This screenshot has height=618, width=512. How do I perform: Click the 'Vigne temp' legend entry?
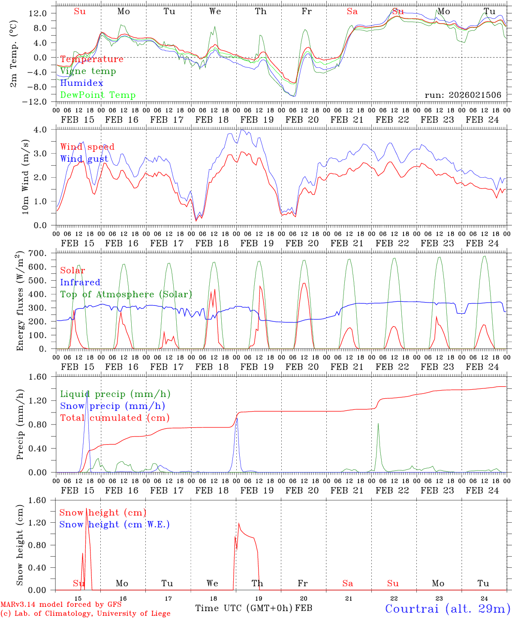coord(88,71)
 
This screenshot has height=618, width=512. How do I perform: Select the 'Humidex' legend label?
coord(81,83)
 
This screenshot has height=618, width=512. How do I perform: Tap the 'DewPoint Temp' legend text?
coord(98,95)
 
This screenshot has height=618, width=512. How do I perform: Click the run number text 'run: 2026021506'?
coord(463,95)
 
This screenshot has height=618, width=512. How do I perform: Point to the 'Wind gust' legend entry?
coord(84,159)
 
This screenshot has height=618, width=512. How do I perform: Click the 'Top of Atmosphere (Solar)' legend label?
coord(126,294)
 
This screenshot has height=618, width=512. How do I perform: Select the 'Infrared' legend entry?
coord(80,282)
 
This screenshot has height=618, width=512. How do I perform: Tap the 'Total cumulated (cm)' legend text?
coord(114,418)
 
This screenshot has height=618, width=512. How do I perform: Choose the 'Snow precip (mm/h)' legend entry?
coord(112,406)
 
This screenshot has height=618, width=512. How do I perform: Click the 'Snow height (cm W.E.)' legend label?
coord(114,524)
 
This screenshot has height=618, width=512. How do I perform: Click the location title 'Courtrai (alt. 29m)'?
coord(447,608)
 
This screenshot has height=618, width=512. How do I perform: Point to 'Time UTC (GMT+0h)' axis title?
coord(244,608)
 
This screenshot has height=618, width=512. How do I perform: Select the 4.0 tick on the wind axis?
coord(45,130)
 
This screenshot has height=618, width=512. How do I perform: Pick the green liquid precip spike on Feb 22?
coord(378,424)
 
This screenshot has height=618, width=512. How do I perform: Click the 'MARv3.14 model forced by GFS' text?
coord(61,605)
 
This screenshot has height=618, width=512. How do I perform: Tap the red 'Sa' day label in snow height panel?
coord(347,583)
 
